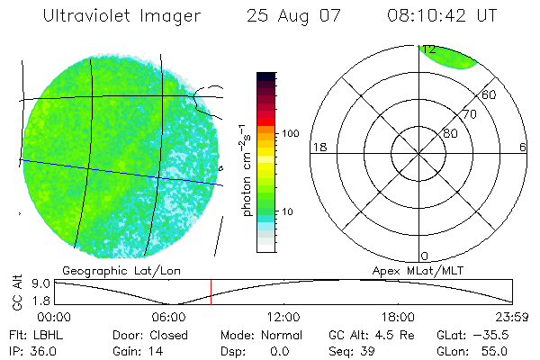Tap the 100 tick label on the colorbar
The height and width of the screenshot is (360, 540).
(x=290, y=133)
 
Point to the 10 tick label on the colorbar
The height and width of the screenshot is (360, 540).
(x=288, y=212)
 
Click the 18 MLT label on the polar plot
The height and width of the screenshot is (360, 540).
(x=318, y=147)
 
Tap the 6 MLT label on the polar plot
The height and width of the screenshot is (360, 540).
(x=523, y=147)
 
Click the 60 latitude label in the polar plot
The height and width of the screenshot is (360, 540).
(x=490, y=94)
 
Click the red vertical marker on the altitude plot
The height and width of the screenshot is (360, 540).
(x=211, y=292)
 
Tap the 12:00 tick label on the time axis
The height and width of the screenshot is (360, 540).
(x=283, y=317)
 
